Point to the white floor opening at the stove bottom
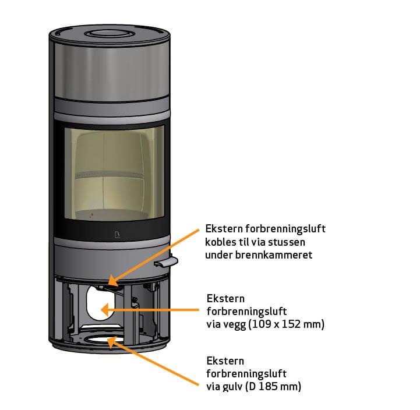(x=102, y=339)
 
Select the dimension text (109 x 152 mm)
(x=287, y=324)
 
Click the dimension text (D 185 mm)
(x=276, y=386)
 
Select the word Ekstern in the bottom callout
(x=225, y=360)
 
